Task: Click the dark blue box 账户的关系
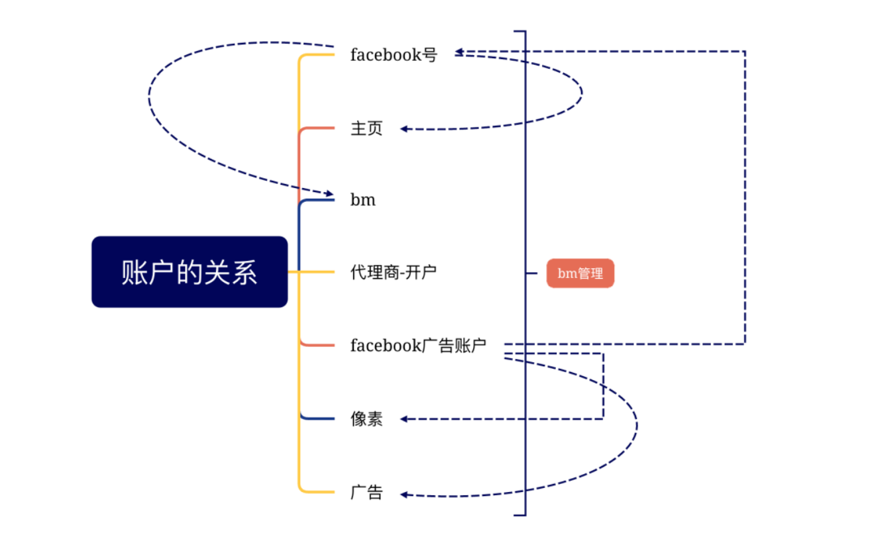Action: coord(190,271)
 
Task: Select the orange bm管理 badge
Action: coord(580,273)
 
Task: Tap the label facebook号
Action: coord(394,55)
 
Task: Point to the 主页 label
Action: coord(366,128)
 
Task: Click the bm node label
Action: coord(363,200)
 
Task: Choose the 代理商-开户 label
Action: coord(394,271)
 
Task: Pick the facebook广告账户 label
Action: coord(419,345)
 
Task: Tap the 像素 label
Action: coord(366,418)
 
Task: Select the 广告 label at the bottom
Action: coord(366,492)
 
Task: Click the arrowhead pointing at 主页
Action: coord(405,129)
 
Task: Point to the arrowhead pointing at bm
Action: coord(329,193)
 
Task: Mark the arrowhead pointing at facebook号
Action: coord(459,51)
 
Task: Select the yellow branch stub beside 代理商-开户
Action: coord(318,271)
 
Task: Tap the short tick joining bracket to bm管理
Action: coord(531,273)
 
